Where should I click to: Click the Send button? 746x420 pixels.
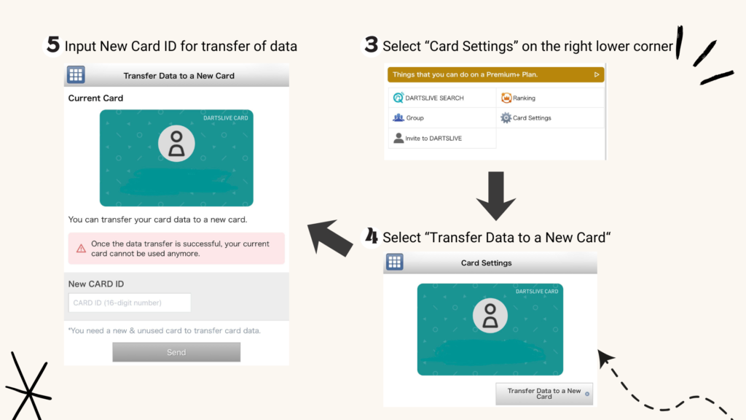point(176,352)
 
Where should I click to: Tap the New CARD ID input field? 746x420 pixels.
point(130,303)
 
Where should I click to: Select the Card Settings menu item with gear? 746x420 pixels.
point(526,117)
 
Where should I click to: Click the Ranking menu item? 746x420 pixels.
point(518,98)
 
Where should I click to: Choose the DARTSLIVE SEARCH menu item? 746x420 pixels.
point(428,98)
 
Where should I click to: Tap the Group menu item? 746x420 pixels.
point(408,117)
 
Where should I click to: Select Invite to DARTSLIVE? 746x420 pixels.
point(427,138)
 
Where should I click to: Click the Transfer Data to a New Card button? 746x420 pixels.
point(544,394)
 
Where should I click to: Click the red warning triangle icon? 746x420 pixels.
point(82,248)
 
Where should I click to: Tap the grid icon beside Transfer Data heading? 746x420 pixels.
point(76,75)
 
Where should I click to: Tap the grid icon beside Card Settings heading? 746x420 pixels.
point(394,262)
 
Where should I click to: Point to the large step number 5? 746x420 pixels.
point(52,45)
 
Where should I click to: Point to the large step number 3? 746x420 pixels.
point(371,45)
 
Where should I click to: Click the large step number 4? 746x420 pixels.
point(371,236)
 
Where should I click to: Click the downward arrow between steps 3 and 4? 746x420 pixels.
point(495,195)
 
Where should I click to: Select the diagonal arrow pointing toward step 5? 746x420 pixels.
point(330,238)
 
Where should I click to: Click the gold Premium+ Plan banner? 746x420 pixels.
point(495,74)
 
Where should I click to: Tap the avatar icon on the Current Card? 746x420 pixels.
point(176,144)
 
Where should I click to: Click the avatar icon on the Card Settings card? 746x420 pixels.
point(490,315)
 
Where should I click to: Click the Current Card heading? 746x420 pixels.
point(95,98)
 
